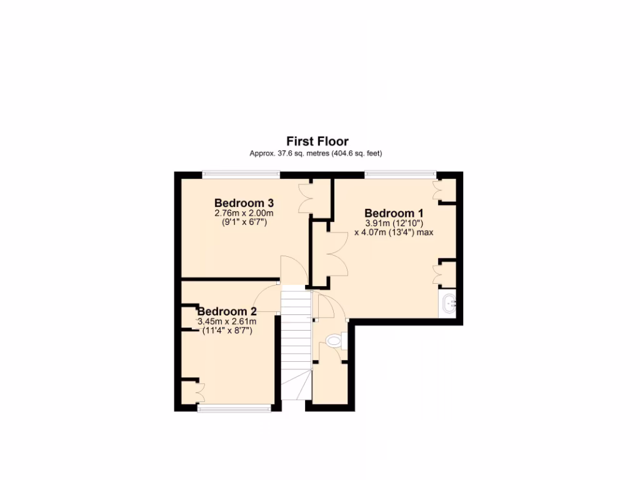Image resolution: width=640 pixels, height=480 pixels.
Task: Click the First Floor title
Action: point(317,141)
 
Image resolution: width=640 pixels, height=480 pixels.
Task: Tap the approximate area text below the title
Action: point(316,153)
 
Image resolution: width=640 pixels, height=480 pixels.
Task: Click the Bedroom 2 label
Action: point(227,311)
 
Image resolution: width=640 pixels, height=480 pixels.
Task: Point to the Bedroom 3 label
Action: point(244,202)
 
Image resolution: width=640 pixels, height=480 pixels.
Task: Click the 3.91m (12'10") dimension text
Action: point(394,223)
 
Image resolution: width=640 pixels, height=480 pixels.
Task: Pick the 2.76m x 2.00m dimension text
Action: point(244,213)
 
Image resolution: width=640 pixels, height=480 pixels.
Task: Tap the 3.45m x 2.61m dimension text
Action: point(227,321)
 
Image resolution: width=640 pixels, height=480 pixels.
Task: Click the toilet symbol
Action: point(334,341)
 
